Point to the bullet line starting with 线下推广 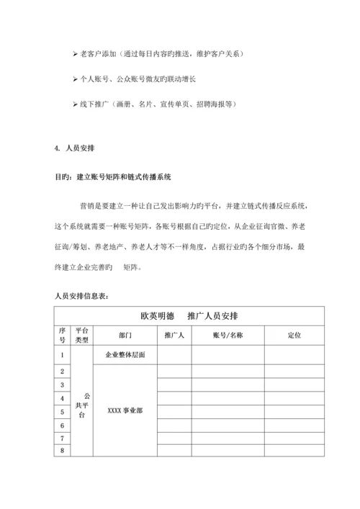tap(154, 104)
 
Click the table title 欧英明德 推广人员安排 tap(189, 316)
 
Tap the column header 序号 tap(62, 335)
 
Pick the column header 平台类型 tap(82, 335)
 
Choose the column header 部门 tap(125, 335)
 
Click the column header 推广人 tap(174, 335)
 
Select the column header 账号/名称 tap(228, 335)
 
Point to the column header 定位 tap(294, 335)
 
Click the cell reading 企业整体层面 tap(125, 355)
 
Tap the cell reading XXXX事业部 tap(125, 411)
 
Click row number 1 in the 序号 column tap(62, 355)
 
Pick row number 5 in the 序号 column tap(62, 411)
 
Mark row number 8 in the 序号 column tap(62, 451)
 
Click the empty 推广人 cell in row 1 tap(174, 355)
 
